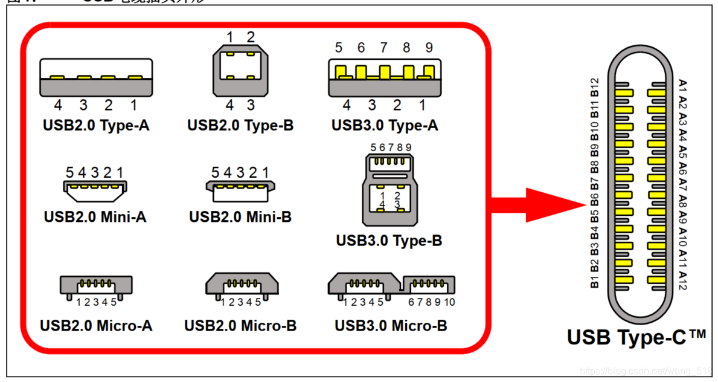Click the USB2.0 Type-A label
click(96, 126)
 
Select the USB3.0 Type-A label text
click(385, 126)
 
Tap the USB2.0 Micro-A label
click(96, 326)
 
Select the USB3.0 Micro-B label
click(391, 326)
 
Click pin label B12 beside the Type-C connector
click(594, 87)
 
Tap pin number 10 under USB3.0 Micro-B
click(449, 302)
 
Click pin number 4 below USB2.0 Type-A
click(58, 106)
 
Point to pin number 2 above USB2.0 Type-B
click(251, 37)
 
